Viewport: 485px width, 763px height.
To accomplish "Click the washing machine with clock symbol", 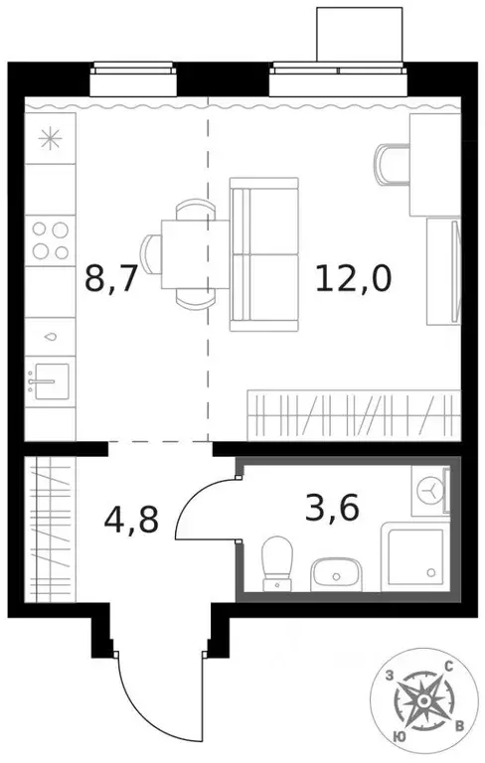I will click(431, 489).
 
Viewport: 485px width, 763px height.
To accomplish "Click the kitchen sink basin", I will click(47, 380).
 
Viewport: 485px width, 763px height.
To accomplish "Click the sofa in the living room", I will click(263, 253).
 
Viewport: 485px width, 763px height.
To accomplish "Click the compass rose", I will click(424, 701).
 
